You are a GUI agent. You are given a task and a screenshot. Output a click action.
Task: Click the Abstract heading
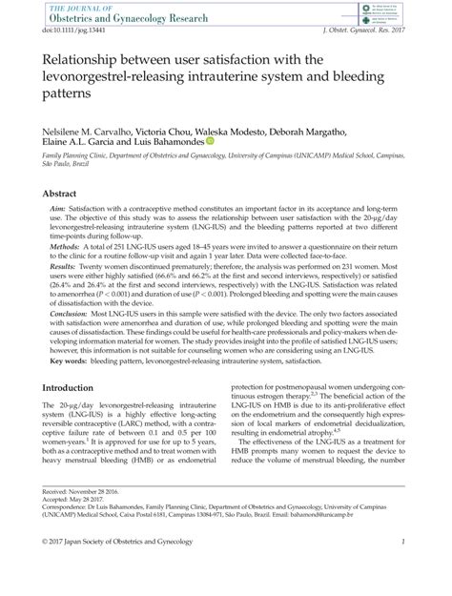tap(58, 193)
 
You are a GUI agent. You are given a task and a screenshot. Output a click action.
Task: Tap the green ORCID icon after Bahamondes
tap(210, 141)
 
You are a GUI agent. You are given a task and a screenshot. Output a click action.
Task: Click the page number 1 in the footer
tap(405, 569)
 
